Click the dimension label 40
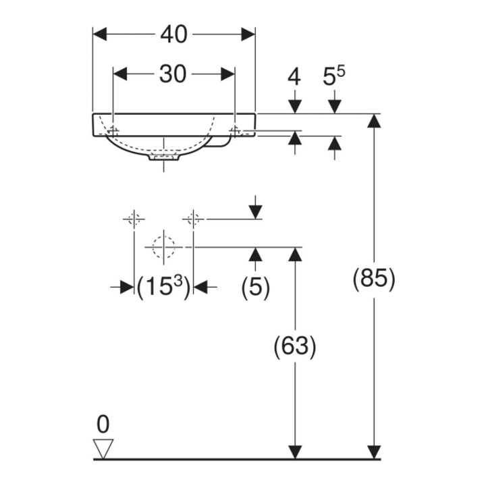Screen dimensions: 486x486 pos(173,34)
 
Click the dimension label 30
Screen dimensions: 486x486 pos(173,74)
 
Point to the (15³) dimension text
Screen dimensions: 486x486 pos(163,288)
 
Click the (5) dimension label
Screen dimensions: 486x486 pos(255,288)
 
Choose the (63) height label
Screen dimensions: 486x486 pos(295,346)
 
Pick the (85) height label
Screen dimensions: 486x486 pos(374,279)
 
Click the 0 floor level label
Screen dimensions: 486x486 pos(103,425)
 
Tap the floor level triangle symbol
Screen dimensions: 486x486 pos(103,448)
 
